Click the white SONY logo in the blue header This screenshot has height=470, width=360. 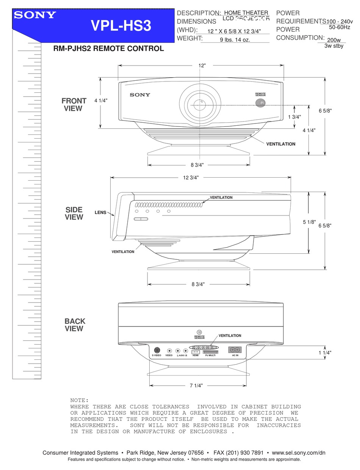(x=35, y=15)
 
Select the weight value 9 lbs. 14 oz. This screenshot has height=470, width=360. (x=235, y=39)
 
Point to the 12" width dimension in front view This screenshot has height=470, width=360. (x=202, y=66)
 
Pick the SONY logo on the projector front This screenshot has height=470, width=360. (x=140, y=95)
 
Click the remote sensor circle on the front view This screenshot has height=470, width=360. (x=260, y=103)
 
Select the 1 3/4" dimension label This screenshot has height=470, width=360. (x=294, y=117)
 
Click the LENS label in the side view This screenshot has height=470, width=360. (x=100, y=213)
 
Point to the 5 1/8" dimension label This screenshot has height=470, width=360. (x=309, y=222)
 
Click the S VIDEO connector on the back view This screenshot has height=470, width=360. (x=157, y=351)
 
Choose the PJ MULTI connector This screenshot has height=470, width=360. (x=211, y=352)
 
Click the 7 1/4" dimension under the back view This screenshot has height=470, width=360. (x=196, y=386)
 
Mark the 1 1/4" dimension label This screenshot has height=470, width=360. (x=325, y=353)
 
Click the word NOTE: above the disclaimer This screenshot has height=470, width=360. (x=79, y=400)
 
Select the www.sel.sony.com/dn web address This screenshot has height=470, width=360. (x=299, y=453)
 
